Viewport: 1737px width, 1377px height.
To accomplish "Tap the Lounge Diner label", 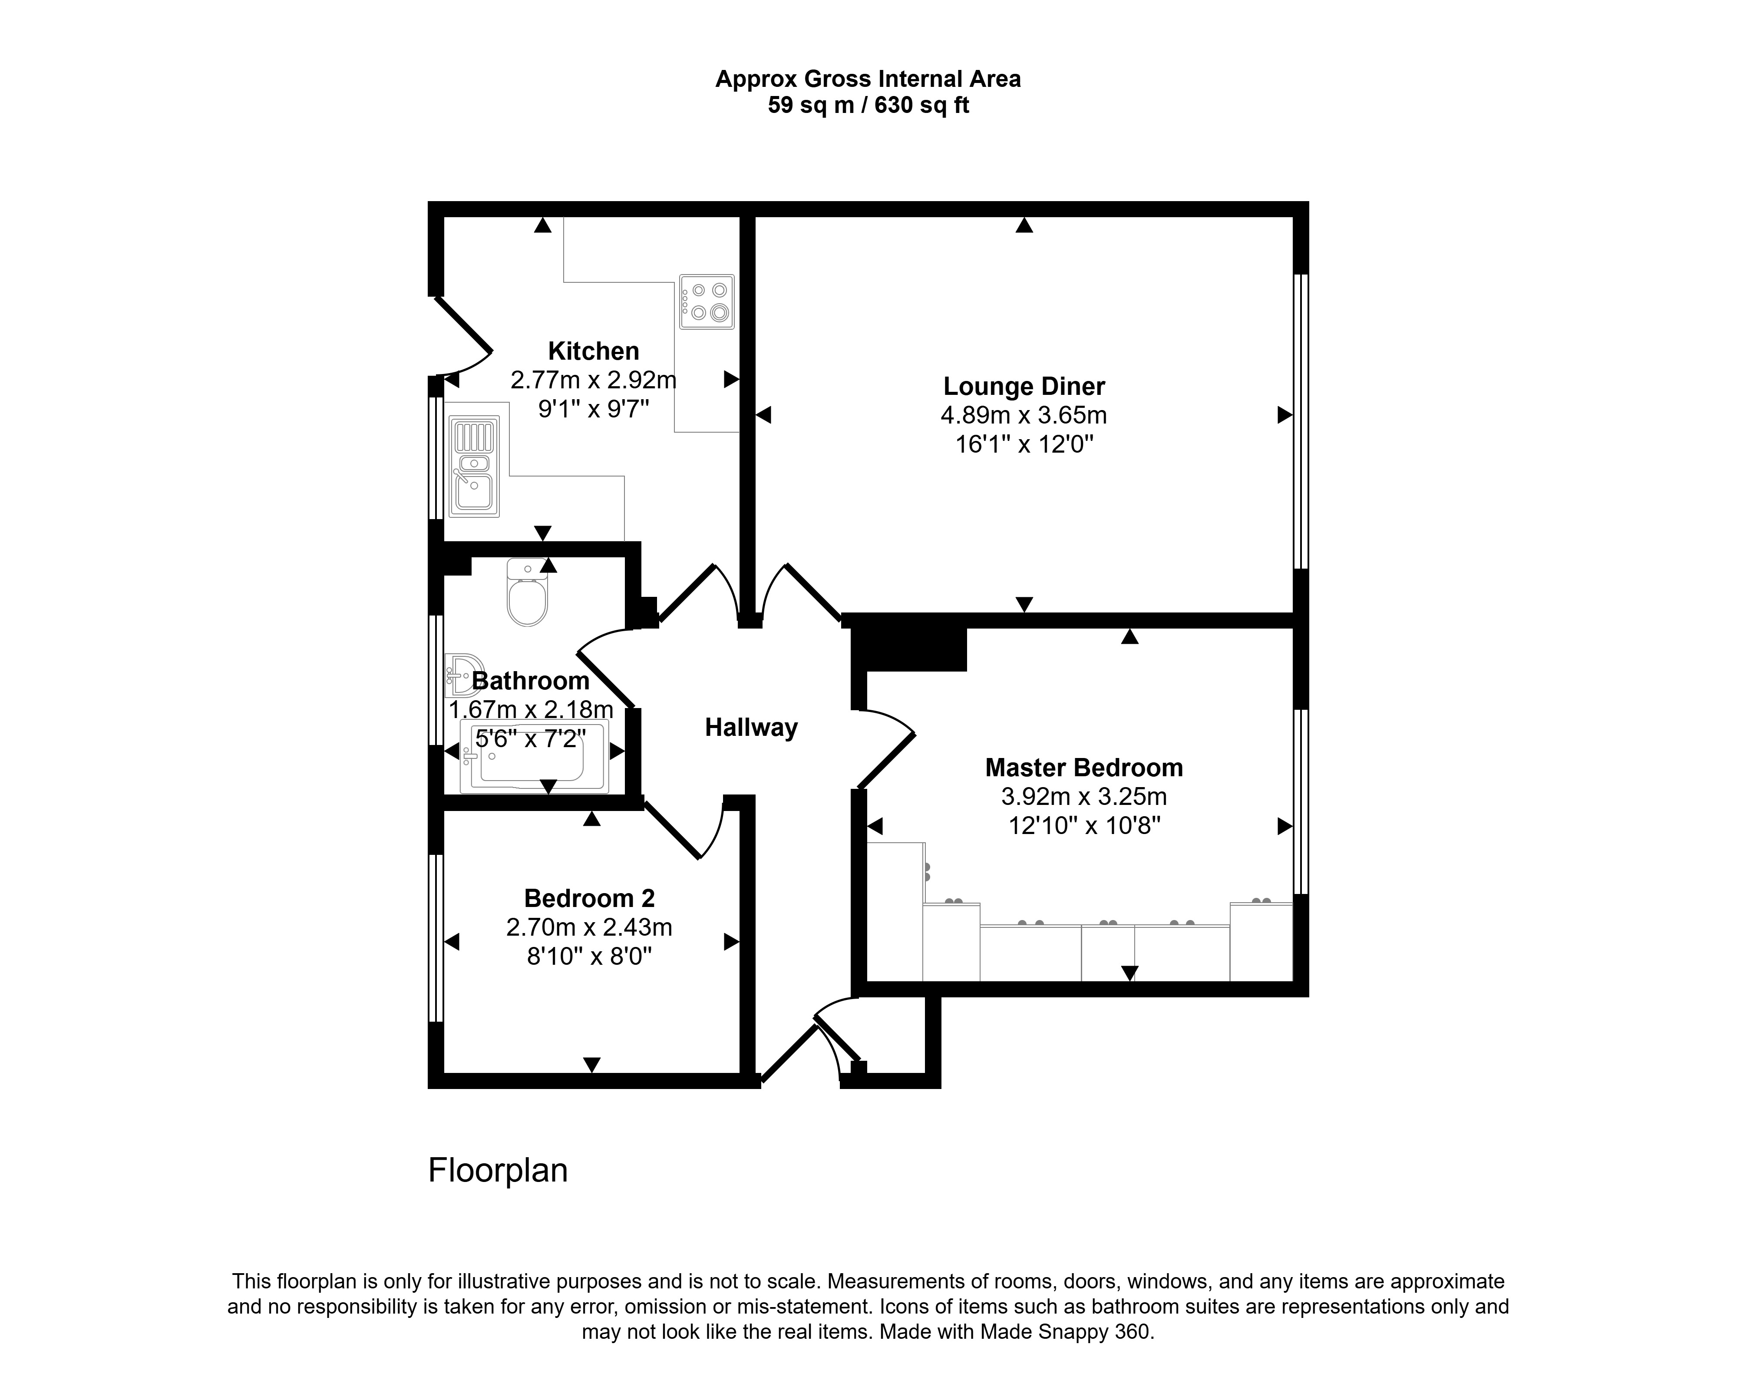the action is pos(1024,387).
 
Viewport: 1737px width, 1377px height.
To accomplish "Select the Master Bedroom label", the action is pos(1083,768).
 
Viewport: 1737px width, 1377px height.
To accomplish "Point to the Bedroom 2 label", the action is pos(589,898).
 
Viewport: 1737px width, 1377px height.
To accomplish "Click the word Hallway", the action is pos(751,728).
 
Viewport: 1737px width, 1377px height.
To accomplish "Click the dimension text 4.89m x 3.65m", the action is pos(1024,416).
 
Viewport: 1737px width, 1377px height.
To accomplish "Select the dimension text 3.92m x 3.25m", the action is pos(1083,797).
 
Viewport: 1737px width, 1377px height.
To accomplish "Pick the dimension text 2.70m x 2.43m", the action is pos(589,927).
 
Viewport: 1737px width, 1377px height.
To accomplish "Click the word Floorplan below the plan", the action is pos(498,1171).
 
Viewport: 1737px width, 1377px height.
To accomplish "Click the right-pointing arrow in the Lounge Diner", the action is pos(1285,415).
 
